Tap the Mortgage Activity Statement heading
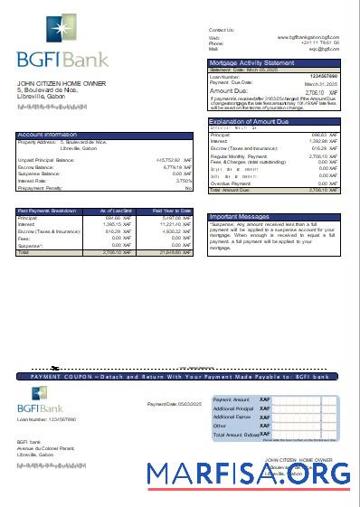click(251, 62)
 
